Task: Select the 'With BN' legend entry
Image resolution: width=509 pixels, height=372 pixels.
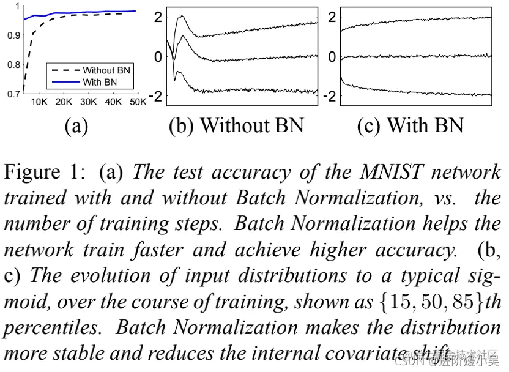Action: coord(100,81)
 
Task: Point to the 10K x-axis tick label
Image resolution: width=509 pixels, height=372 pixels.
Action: coord(39,102)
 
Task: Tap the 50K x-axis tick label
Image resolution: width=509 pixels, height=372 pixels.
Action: coord(137,102)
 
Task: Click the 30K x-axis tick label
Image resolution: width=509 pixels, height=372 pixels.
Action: coord(88,102)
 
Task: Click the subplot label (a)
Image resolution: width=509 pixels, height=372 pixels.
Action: coord(76,125)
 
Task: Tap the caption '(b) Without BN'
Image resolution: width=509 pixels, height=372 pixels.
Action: coord(236,125)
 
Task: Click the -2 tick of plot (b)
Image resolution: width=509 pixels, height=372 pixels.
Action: coord(157,97)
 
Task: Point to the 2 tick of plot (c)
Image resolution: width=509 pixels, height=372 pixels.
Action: coord(332,17)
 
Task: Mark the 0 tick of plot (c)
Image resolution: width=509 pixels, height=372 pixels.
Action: coord(332,57)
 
